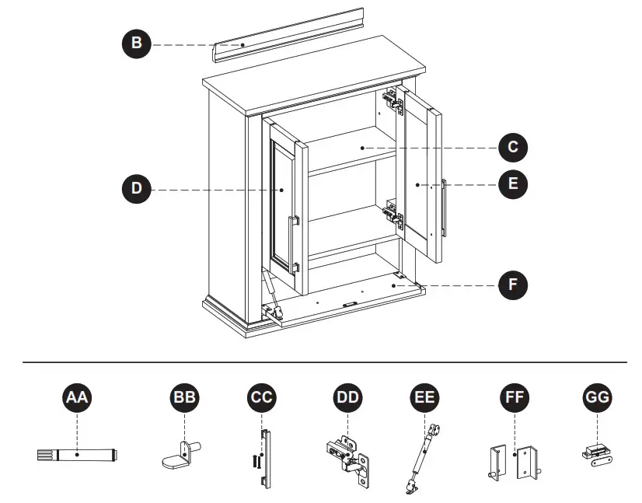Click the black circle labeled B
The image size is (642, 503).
coord(137,44)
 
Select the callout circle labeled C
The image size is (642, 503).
coord(513,146)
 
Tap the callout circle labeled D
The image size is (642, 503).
coord(137,188)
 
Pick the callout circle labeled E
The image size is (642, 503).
coord(513,184)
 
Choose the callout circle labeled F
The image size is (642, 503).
coord(513,285)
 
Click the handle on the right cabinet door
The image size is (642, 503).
coord(444,208)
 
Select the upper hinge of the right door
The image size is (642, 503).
coord(394,100)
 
